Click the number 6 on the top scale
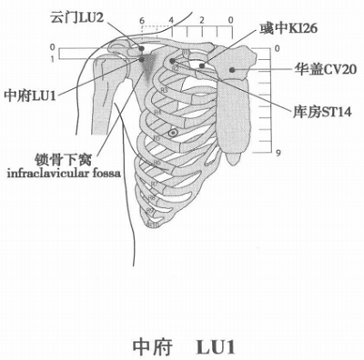(143, 19)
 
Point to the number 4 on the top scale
(173, 19)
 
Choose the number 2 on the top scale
(202, 19)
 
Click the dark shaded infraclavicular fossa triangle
(146, 64)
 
